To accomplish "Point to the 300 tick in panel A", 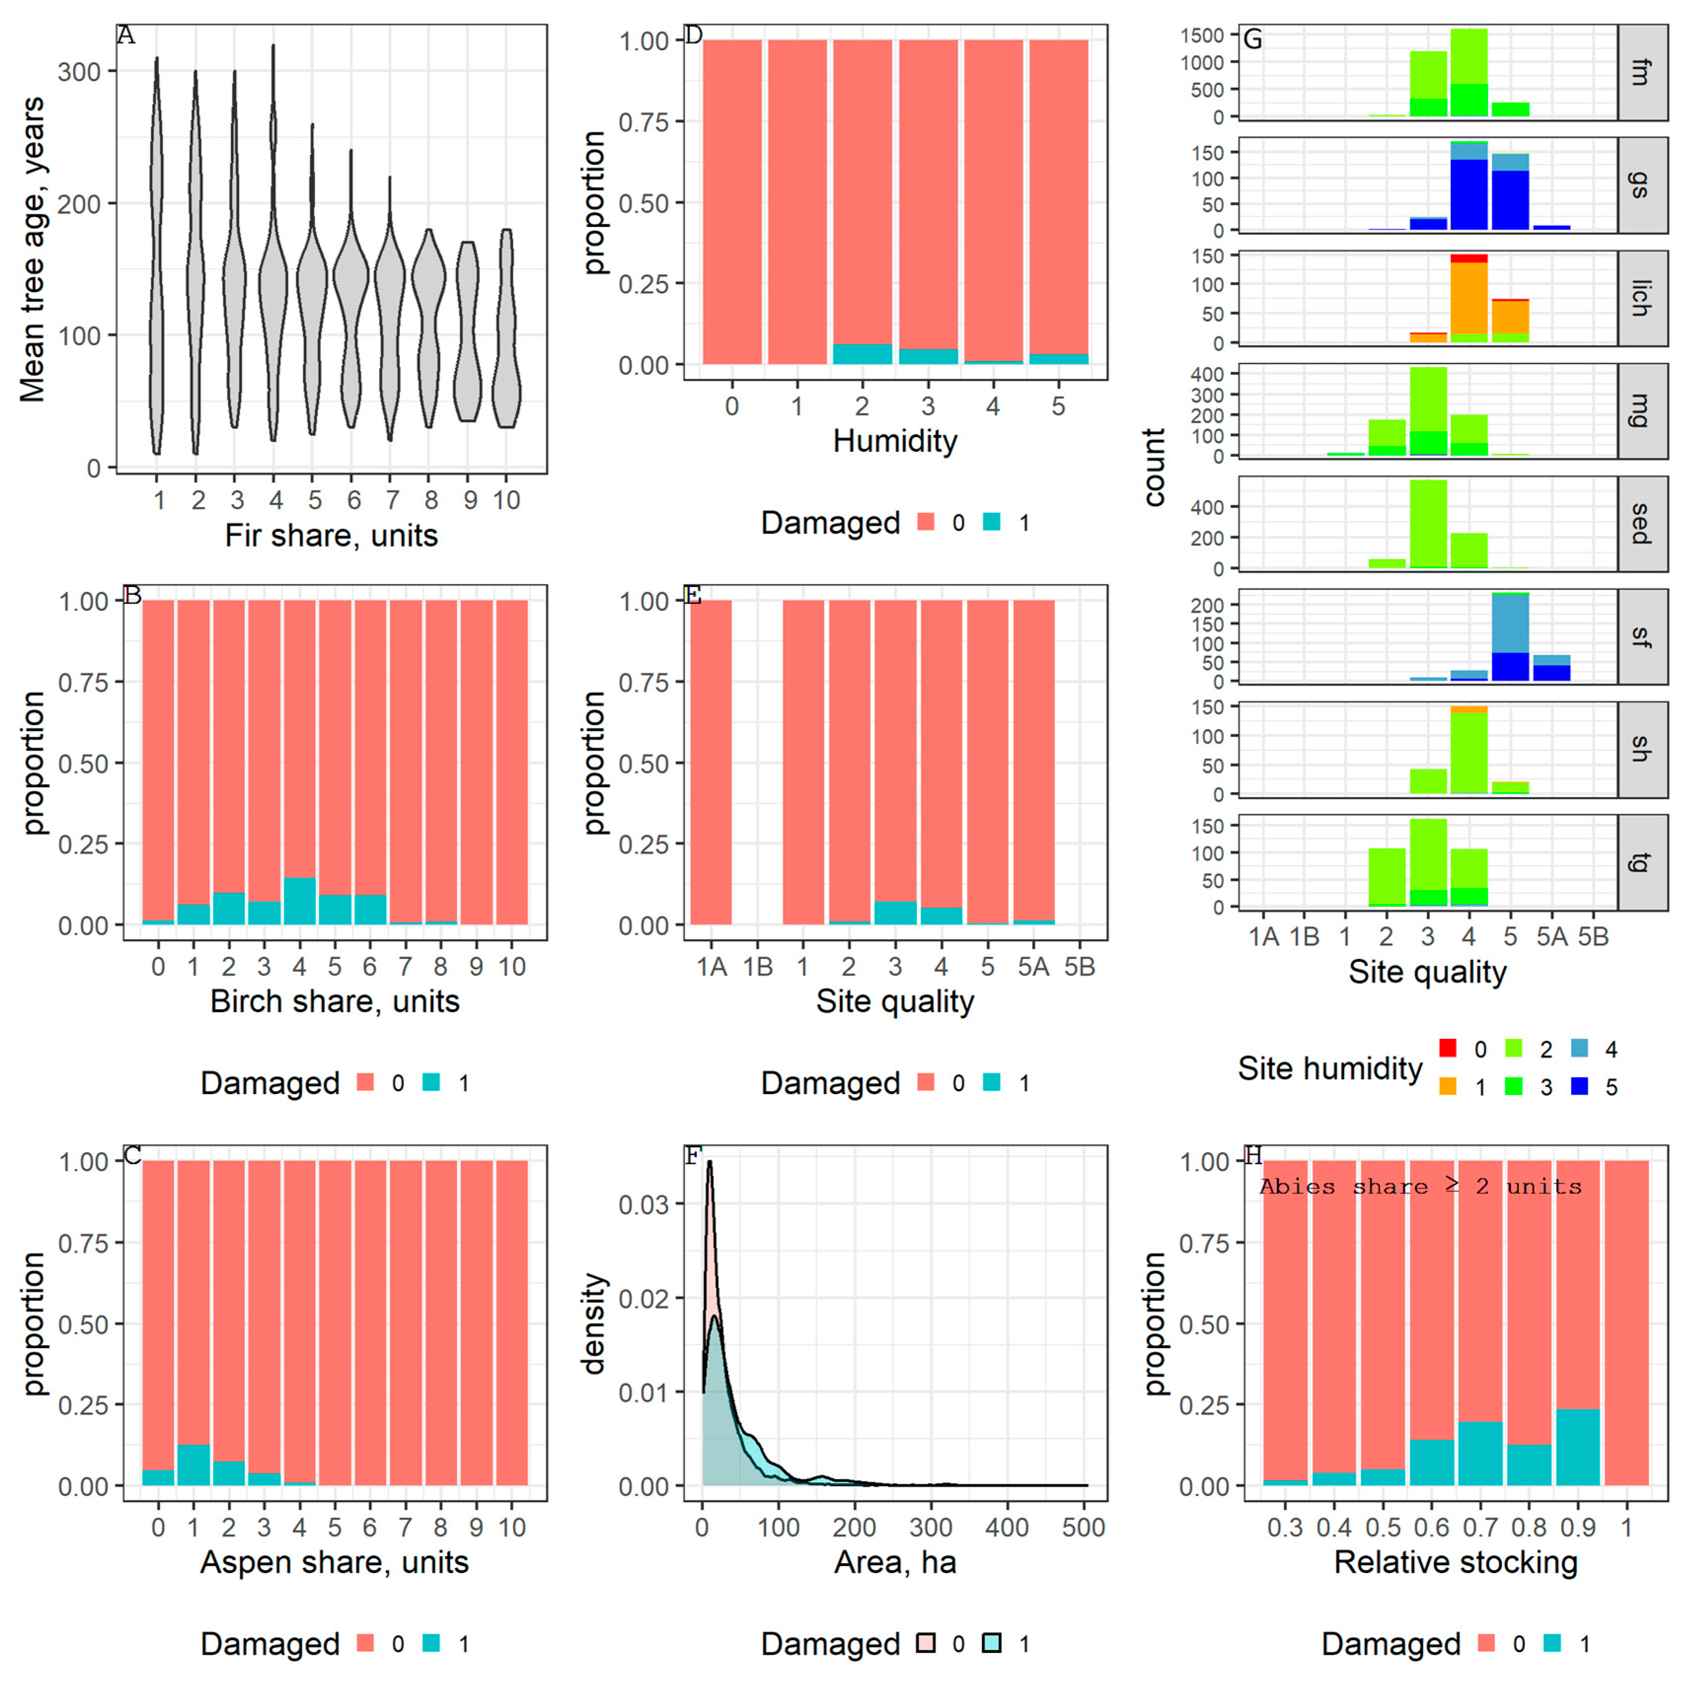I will (x=79, y=72).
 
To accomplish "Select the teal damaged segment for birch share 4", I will (x=299, y=901).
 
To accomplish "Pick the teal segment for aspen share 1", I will (x=193, y=1465).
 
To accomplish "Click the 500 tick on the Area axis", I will (x=1083, y=1528).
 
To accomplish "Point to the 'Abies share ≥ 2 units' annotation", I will (x=1421, y=1187).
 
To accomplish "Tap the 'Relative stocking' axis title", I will (x=1456, y=1562).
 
